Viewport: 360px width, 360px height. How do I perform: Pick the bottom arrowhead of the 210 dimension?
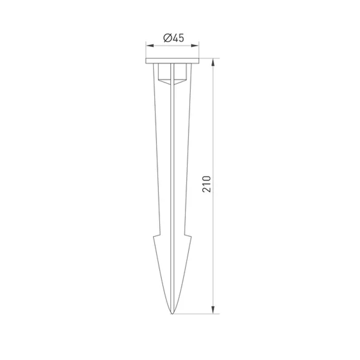tap(213, 310)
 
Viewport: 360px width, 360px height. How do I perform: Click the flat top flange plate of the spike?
tap(172, 61)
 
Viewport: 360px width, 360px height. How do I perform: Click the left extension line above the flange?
tap(146, 50)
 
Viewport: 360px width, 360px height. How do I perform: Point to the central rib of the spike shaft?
tap(172, 180)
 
